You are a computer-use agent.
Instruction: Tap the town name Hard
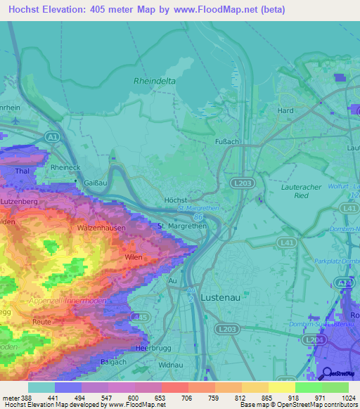point(285,111)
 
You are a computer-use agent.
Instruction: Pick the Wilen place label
point(134,258)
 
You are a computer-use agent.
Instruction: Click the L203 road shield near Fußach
point(240,181)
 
